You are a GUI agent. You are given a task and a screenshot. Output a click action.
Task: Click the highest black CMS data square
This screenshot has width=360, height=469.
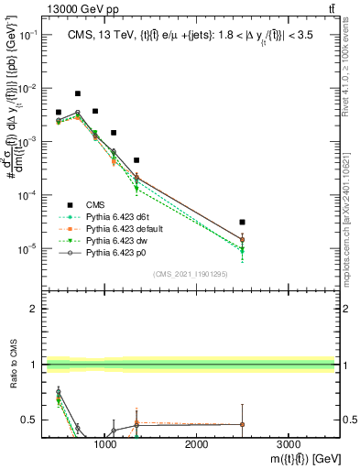pos(78,93)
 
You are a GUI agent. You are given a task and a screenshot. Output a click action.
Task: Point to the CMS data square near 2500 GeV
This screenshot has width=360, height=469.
pos(242,222)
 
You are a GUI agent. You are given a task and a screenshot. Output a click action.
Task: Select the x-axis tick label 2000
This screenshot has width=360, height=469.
pos(197,443)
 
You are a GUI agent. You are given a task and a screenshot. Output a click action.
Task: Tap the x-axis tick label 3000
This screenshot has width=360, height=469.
pos(288,443)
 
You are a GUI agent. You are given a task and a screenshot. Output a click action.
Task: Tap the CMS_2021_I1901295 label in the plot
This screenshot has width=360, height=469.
pos(191,274)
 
